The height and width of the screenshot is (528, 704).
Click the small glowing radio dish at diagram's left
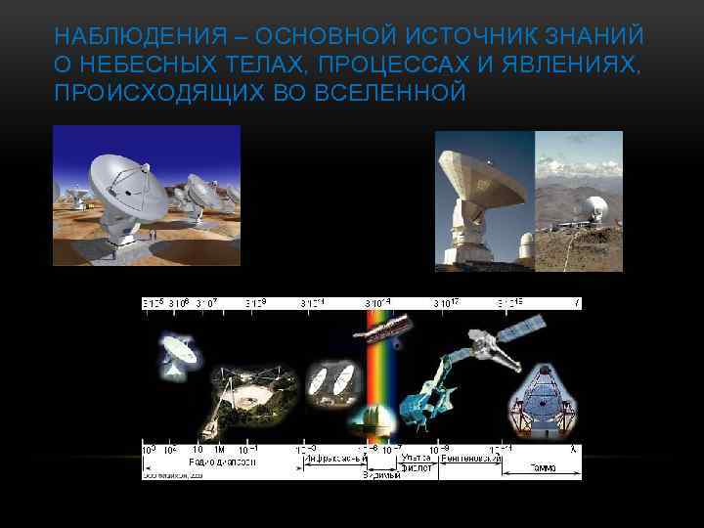177,354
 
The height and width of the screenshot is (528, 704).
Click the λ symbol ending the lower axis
575,449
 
